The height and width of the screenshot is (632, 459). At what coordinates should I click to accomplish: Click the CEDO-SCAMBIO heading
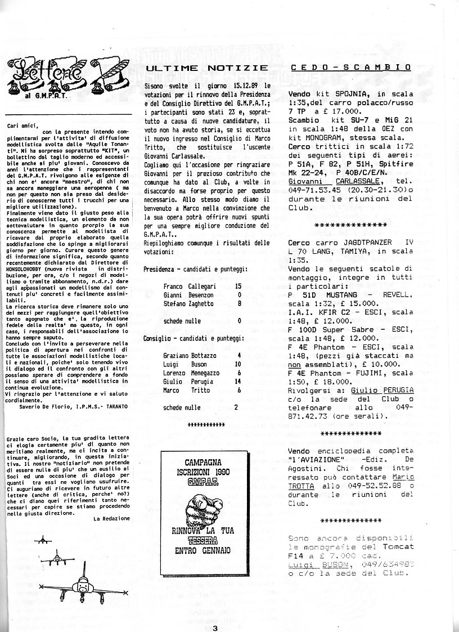350,68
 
